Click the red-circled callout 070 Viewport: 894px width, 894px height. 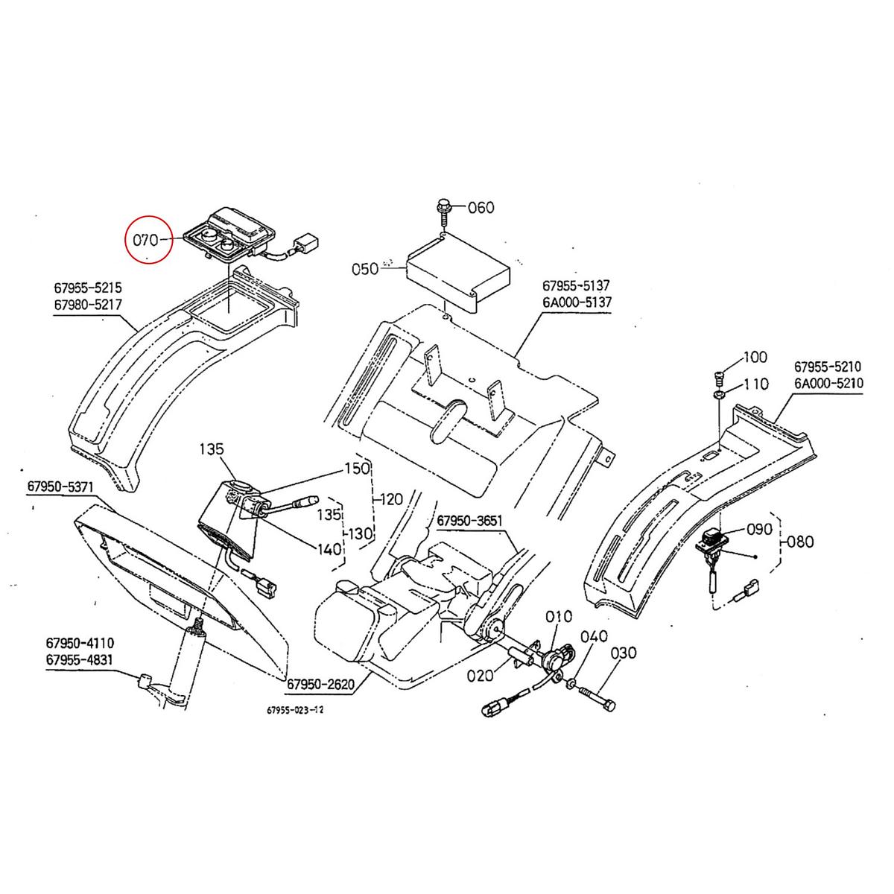coord(147,240)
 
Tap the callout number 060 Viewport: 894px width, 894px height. coord(481,207)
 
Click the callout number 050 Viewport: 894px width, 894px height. coord(364,269)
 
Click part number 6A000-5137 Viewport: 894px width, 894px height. coord(576,302)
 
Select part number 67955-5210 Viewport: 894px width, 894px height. coord(828,367)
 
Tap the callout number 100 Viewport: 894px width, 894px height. coord(755,358)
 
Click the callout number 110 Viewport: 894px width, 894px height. coord(755,384)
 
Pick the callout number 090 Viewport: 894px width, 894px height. coord(760,530)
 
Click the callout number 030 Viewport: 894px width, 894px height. coord(624,653)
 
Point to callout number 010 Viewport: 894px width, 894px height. coord(559,616)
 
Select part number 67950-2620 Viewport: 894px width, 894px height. coord(321,683)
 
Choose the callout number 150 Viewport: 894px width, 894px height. coord(356,469)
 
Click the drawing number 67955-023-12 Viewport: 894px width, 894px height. coord(294,710)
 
